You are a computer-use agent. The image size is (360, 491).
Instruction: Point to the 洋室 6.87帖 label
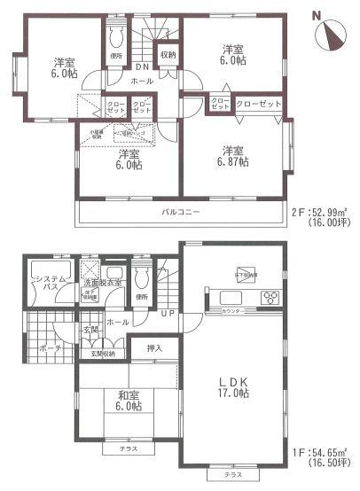pos(235,156)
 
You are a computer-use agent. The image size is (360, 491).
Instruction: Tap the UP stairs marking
pos(168,314)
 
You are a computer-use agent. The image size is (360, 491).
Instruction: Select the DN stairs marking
pos(142,67)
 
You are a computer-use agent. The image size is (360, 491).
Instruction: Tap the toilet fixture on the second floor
pos(114,38)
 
